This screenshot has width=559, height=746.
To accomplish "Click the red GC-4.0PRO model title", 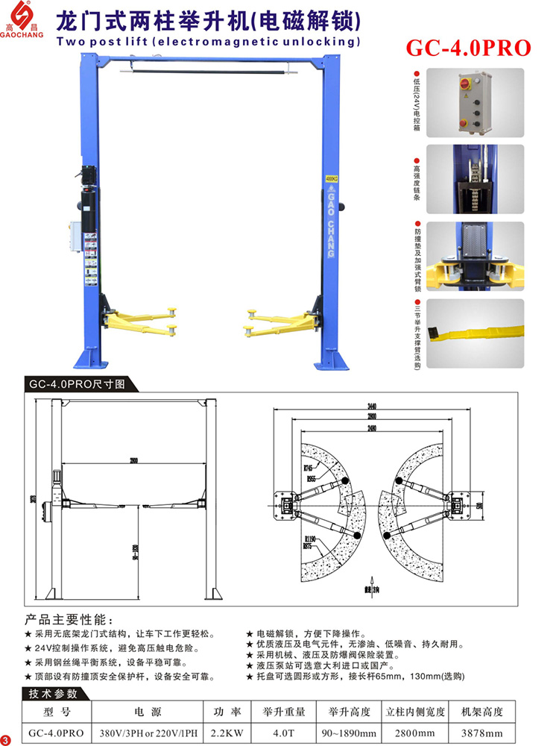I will point(468,48).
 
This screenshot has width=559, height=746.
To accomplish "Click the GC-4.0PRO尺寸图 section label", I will point(82,384).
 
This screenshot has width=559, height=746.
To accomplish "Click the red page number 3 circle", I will point(7,739).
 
